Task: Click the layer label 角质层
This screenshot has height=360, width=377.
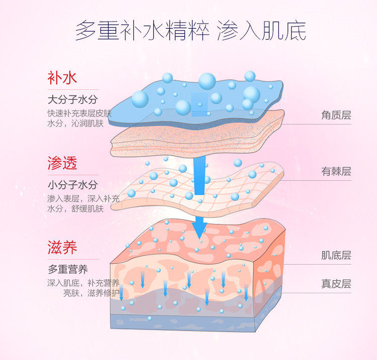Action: tap(336, 115)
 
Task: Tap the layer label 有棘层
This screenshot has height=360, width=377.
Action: tap(336, 172)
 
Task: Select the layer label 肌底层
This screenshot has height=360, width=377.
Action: tap(336, 255)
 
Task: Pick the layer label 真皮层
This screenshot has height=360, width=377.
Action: tap(336, 284)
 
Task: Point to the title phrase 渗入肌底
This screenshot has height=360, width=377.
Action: tap(261, 31)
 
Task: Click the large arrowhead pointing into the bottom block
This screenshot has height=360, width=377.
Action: tap(200, 228)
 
